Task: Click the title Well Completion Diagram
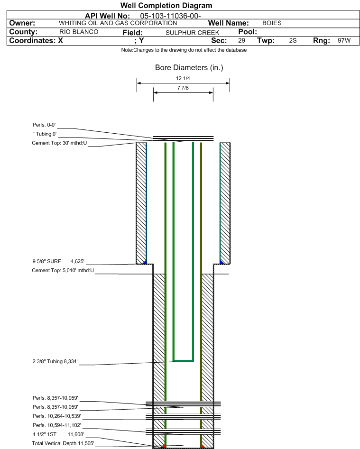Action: coord(166,6)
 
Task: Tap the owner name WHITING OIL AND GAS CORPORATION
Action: coord(118,23)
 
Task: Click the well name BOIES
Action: coord(272,23)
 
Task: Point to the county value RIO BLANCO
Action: coord(79,32)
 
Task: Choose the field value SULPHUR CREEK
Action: coord(192,32)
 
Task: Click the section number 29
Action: coord(241,41)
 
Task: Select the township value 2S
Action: coord(293,41)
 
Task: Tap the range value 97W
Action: coord(344,41)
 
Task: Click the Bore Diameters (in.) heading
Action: coord(189,68)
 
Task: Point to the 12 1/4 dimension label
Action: coord(183,79)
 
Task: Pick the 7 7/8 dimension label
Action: coord(183,88)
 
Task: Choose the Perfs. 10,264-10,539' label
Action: coord(56,416)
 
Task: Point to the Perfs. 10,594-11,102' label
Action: coord(56,425)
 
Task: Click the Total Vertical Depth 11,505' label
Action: coord(63,443)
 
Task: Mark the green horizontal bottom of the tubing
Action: coord(183,361)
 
